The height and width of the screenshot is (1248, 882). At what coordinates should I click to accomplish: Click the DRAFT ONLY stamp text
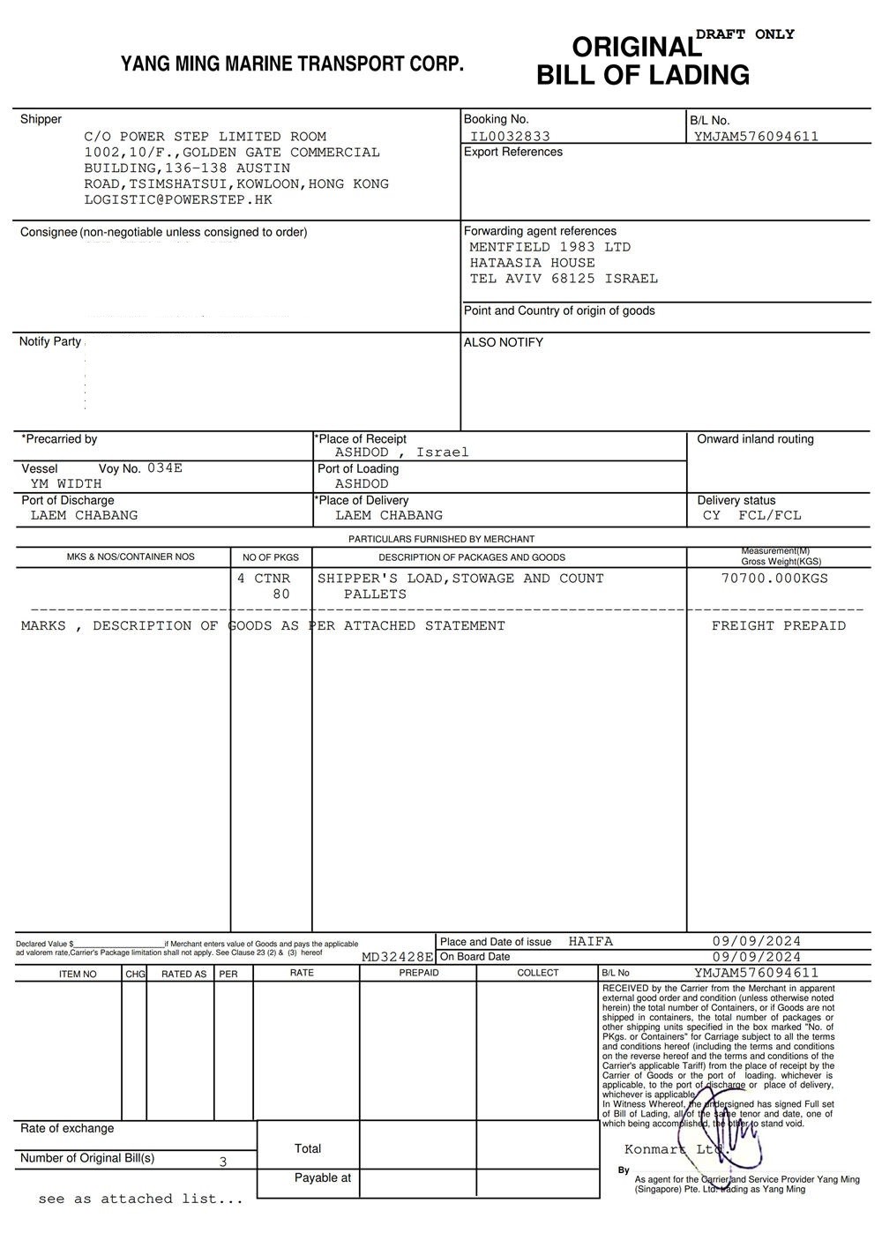pyautogui.click(x=745, y=34)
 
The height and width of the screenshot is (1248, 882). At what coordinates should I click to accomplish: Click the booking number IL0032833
pyautogui.click(x=510, y=136)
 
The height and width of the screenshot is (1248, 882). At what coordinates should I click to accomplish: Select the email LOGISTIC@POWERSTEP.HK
pyautogui.click(x=178, y=199)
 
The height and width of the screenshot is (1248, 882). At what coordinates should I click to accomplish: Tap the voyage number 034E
pyautogui.click(x=165, y=468)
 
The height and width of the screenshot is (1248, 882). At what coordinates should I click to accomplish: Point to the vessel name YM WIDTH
pyautogui.click(x=66, y=483)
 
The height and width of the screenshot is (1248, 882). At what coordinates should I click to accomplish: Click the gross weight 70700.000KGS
pyautogui.click(x=774, y=579)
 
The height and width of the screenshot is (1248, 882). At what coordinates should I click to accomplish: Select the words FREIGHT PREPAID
pyautogui.click(x=778, y=625)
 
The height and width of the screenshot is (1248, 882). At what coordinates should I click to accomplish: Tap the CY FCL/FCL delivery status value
pyautogui.click(x=752, y=515)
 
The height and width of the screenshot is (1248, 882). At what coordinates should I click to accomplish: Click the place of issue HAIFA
pyautogui.click(x=591, y=941)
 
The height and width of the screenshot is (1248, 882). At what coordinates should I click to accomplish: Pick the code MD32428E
pyautogui.click(x=398, y=957)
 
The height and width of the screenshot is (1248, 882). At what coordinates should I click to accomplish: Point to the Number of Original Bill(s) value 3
pyautogui.click(x=223, y=1162)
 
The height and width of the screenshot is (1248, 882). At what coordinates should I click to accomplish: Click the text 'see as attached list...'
pyautogui.click(x=140, y=1199)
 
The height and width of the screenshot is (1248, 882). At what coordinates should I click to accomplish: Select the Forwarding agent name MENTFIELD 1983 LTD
pyautogui.click(x=549, y=247)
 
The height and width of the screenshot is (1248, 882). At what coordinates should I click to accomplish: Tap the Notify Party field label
pyautogui.click(x=50, y=341)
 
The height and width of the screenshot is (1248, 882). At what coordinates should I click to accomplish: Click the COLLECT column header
pyautogui.click(x=538, y=973)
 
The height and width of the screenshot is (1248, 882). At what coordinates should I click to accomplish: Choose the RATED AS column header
pyautogui.click(x=183, y=974)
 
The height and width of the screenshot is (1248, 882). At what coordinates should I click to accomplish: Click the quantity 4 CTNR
pyautogui.click(x=264, y=579)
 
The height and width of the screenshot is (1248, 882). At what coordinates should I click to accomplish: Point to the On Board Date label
pyautogui.click(x=475, y=957)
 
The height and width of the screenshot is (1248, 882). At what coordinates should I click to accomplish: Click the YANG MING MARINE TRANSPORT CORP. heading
pyautogui.click(x=292, y=64)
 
